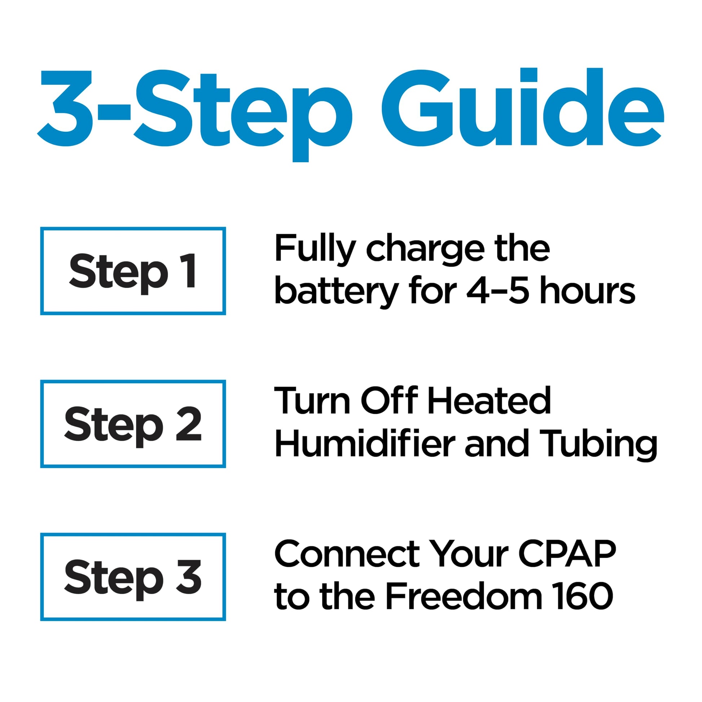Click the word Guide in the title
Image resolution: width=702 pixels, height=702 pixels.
click(522, 108)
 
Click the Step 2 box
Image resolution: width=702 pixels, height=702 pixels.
click(133, 424)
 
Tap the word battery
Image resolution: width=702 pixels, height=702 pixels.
click(337, 293)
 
